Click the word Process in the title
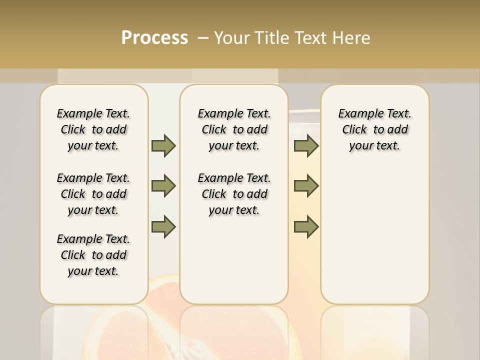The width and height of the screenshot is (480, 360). coord(154,38)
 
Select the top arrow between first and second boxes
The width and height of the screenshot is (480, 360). coord(163,146)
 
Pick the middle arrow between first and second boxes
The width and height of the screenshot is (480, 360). coord(163,186)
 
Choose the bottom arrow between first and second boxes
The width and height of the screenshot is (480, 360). coord(163,227)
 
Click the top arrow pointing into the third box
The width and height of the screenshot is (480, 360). coord(306,146)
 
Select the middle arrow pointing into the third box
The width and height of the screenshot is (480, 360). coord(306,186)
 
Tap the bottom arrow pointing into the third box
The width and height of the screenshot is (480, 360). coord(306,227)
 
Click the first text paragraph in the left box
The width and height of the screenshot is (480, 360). coord(93,129)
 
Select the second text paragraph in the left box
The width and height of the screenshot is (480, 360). coord(93,194)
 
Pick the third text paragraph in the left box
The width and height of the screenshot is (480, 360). coord(93,255)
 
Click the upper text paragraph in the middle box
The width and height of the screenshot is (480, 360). coord(234,129)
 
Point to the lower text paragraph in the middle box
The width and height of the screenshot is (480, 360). coord(234,194)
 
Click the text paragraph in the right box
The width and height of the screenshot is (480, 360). coord(374,129)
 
